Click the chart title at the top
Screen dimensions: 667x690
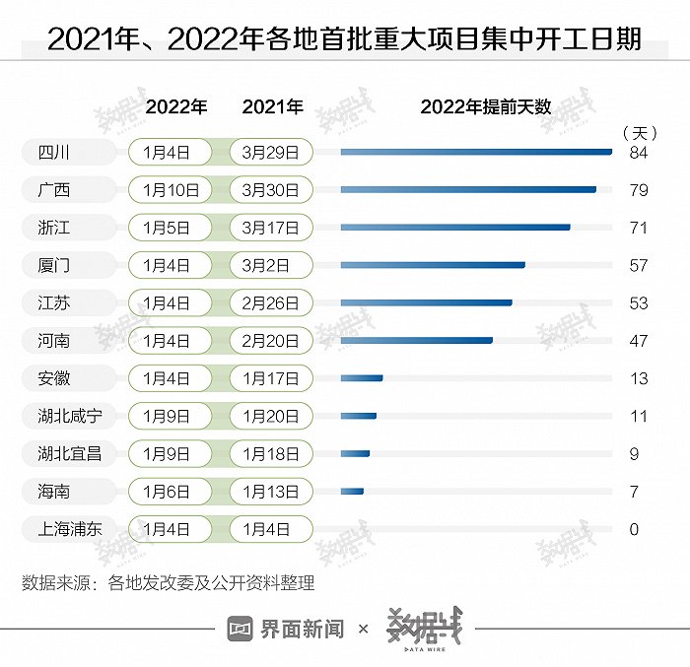(344, 38)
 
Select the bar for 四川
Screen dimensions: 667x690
(476, 152)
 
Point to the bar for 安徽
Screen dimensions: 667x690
(361, 377)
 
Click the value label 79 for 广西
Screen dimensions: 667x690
(639, 190)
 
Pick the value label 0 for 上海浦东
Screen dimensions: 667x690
(635, 529)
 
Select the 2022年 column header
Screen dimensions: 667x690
(176, 107)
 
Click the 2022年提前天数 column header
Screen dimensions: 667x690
(485, 107)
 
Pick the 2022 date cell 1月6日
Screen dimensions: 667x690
(170, 491)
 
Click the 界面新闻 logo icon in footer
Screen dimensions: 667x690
(241, 629)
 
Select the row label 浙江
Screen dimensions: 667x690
(47, 228)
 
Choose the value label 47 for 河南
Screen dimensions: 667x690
(639, 341)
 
